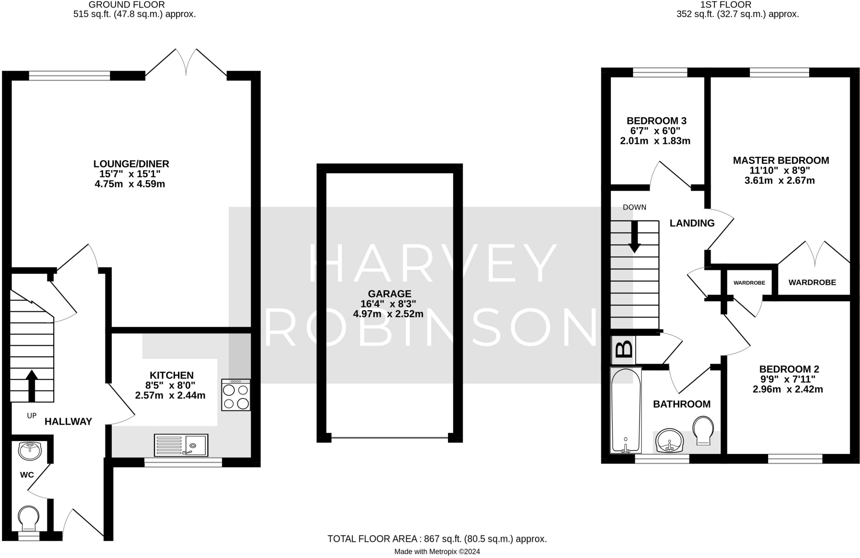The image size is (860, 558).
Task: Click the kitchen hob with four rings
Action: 236,395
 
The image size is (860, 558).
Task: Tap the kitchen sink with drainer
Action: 181,445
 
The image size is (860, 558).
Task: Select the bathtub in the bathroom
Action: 626,410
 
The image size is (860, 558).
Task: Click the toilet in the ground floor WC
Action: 29,518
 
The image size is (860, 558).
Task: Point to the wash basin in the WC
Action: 30,451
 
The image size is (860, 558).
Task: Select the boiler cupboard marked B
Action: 624,349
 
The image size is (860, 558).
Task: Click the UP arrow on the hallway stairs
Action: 31,385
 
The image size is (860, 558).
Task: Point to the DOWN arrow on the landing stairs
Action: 634,236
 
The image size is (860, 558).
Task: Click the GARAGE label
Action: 389,294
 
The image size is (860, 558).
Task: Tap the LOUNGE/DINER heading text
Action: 131,164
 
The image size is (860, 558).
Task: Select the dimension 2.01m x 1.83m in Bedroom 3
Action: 655,141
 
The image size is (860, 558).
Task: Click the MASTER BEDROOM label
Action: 781,160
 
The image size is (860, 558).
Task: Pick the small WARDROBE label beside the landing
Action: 749,283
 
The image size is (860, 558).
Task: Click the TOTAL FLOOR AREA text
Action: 437,539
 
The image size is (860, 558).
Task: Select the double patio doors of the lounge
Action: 186,63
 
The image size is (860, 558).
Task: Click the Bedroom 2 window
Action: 795,459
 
